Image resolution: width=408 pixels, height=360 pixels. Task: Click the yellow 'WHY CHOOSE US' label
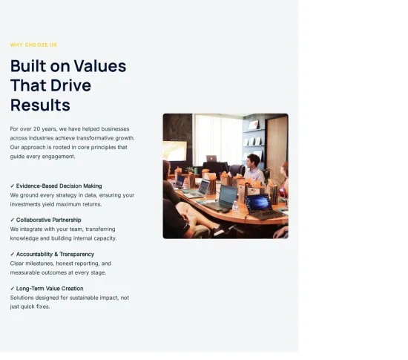point(33,45)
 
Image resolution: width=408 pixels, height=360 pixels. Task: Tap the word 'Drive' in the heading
point(70,85)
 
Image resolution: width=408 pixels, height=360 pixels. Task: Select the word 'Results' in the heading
point(40,105)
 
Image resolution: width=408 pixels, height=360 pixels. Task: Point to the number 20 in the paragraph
point(36,129)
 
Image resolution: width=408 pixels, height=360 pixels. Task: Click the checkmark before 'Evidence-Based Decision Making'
point(12,186)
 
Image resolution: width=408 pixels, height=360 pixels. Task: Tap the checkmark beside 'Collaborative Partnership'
point(12,220)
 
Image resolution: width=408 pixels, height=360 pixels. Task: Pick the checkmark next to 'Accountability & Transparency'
point(12,254)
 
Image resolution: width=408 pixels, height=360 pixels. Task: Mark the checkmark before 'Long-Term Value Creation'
point(12,289)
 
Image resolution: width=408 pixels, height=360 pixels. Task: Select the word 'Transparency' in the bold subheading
point(76,255)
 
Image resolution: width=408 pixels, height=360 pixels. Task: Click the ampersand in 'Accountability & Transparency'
point(56,255)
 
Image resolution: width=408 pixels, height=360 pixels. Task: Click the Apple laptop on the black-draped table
point(211,158)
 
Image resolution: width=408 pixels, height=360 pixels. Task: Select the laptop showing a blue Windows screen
point(263,207)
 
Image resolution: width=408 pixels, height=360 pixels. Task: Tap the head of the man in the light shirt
point(252,160)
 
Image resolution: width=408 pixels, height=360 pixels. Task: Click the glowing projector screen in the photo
point(175,151)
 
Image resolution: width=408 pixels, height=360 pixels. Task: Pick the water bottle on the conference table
point(235,205)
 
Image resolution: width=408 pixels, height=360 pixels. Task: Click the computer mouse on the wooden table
point(226,211)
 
